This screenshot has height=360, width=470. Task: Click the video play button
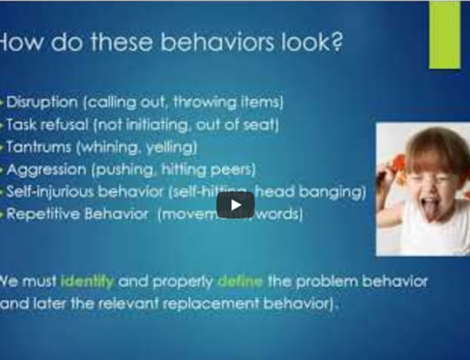pos(235,205)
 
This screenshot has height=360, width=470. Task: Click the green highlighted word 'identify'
pos(87,282)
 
